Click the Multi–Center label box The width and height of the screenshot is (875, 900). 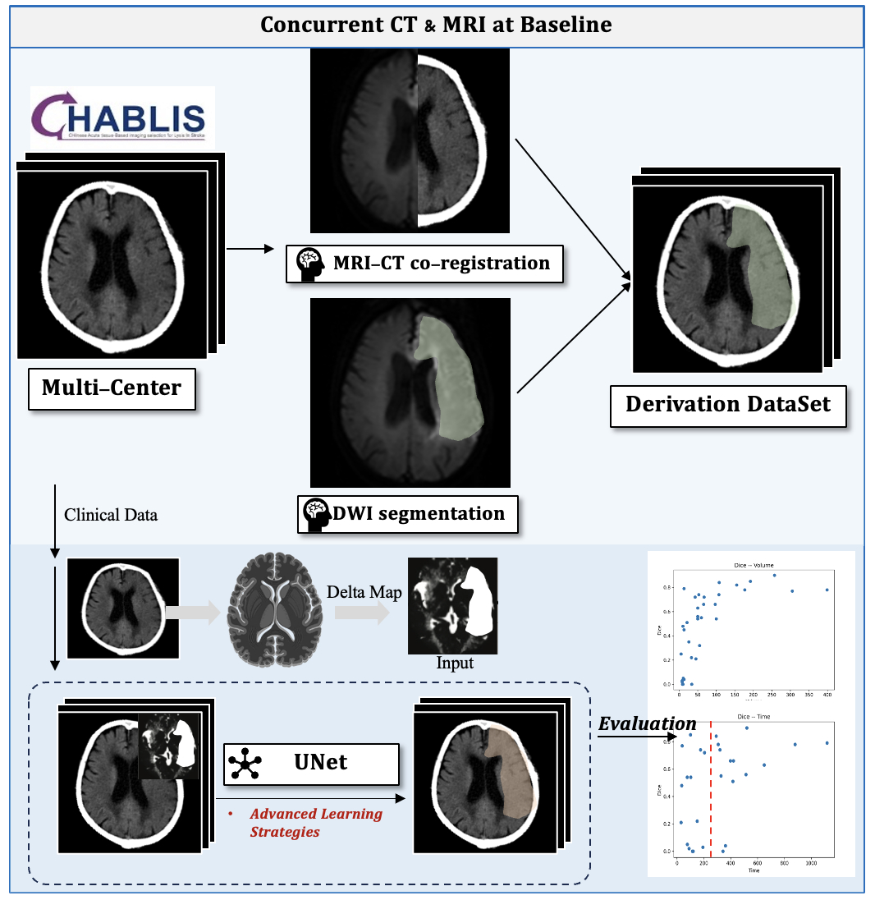click(112, 387)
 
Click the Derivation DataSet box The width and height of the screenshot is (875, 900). click(728, 403)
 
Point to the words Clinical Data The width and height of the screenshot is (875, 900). click(111, 516)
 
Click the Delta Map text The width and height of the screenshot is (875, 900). click(364, 592)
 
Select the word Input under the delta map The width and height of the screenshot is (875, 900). click(454, 663)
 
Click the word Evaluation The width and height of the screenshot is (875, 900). click(647, 723)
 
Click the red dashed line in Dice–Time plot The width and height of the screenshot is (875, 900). click(711, 788)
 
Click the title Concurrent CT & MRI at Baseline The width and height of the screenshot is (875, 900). click(436, 25)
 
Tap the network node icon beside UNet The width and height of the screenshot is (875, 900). click(245, 764)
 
